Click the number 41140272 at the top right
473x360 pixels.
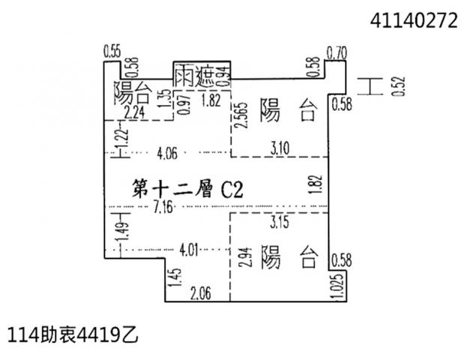[x=414, y=21]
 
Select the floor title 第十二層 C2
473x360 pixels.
[x=188, y=189]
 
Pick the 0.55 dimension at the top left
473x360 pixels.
[x=112, y=51]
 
